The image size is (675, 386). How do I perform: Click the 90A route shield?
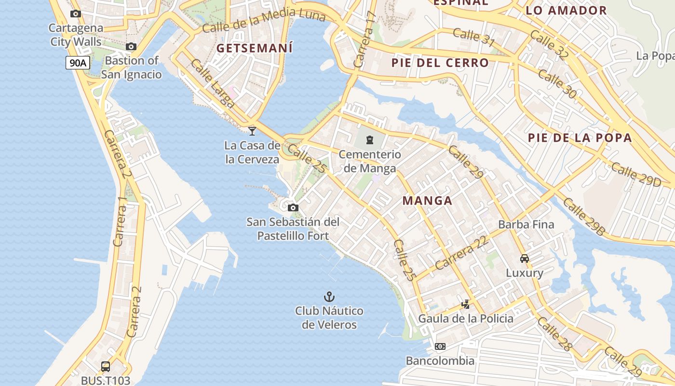tap(78, 63)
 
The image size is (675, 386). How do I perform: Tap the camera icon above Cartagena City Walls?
tap(76, 14)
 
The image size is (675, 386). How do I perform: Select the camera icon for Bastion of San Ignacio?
tap(131, 47)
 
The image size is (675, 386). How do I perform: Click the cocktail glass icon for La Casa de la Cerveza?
tap(252, 131)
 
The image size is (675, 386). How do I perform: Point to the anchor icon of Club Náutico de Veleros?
tap(329, 297)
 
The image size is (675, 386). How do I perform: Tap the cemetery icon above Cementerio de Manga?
tap(370, 140)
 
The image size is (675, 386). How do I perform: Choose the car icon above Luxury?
tap(525, 259)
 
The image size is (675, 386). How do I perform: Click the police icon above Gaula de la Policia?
tap(466, 304)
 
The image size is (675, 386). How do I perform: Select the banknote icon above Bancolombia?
tap(440, 346)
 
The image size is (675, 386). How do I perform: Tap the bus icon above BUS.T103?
tap(106, 367)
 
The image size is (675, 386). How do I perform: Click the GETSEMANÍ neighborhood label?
tap(255, 48)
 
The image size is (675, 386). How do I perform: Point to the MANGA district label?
tap(427, 201)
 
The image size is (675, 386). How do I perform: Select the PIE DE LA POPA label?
tap(580, 138)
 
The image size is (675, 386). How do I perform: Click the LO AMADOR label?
tap(566, 11)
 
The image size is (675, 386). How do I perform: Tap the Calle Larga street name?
tap(213, 83)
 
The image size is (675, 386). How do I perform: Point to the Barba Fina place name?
tap(526, 224)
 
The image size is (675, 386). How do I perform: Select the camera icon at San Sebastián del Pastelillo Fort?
tap(293, 208)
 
